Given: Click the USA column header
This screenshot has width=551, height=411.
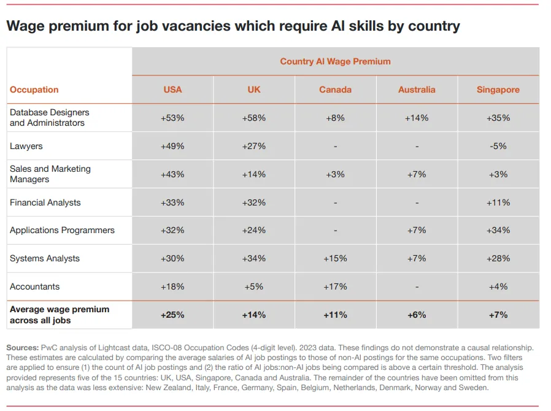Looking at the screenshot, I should point(172,90).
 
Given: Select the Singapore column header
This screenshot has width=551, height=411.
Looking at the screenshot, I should point(498,90).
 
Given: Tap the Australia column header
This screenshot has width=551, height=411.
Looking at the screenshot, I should point(417,90).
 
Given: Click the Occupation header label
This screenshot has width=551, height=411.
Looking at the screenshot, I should point(34,90).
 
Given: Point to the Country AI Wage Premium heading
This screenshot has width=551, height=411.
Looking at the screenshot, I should point(335,61).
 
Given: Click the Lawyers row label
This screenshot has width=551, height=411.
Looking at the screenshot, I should point(26,146).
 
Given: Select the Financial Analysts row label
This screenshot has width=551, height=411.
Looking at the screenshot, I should point(45,202).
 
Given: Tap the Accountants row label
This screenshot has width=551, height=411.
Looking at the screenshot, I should point(34,286).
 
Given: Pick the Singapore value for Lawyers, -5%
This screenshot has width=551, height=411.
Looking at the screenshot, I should point(498,146).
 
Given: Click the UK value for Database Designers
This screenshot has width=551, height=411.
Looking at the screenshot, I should point(254,118).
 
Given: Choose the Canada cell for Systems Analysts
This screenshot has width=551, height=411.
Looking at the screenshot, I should point(335,258).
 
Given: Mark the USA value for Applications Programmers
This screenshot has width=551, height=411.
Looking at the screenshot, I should point(172,230).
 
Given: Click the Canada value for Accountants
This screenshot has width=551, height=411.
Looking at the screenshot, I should point(335,286).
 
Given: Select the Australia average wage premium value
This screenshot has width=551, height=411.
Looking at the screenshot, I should point(417,315).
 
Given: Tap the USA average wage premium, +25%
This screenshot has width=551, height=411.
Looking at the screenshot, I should point(172,315).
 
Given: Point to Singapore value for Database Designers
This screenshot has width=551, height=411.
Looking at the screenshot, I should point(498,118).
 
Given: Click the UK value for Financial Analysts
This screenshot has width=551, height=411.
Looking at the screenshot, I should point(254,202).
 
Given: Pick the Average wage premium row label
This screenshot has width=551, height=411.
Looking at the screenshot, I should point(59,315).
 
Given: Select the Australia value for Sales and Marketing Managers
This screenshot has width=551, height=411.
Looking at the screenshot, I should point(417,174).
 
